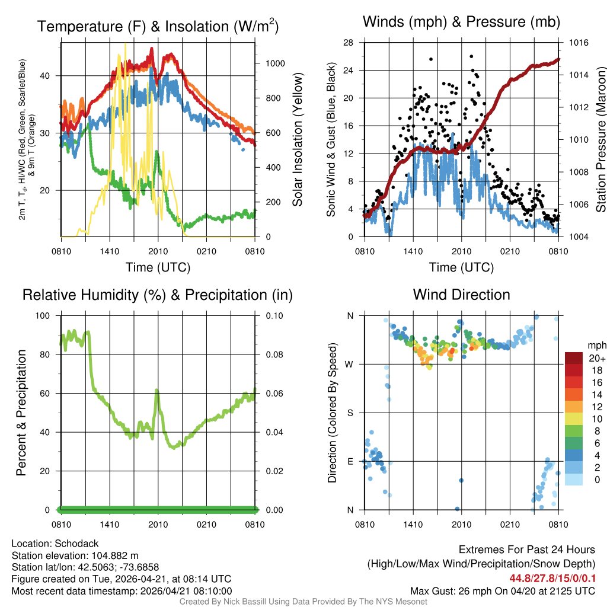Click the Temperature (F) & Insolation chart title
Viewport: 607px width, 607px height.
[x=158, y=27]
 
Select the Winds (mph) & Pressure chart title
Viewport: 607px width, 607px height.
[x=461, y=22]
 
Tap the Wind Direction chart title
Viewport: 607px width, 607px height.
[x=461, y=295]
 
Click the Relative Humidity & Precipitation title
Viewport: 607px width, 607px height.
[x=158, y=295]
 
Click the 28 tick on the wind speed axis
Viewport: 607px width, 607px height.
[x=349, y=43]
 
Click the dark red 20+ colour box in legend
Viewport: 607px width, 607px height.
[x=574, y=358]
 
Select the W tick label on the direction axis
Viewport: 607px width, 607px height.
[x=350, y=364]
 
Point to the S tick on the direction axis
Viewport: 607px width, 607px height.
[x=350, y=413]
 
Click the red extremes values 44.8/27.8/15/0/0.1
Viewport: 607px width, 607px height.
[x=552, y=578]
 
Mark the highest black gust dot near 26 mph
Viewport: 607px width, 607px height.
[x=471, y=56]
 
